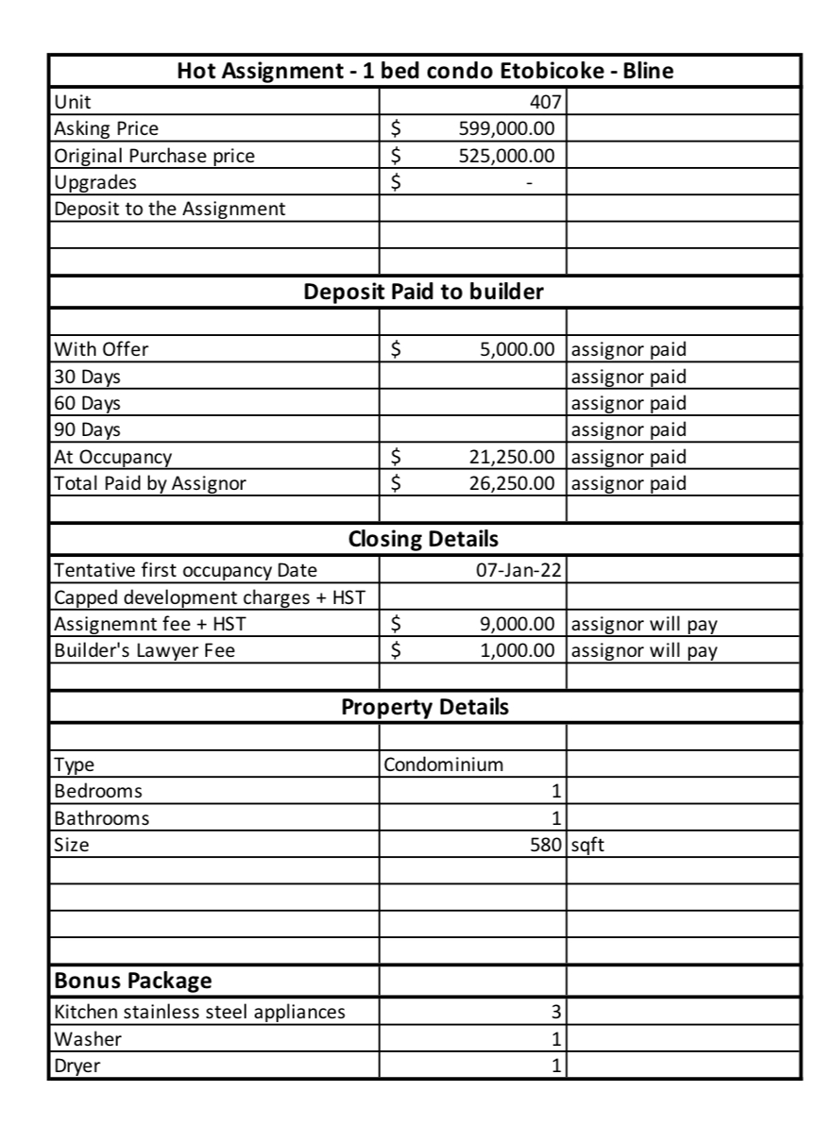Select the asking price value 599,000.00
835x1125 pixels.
pos(506,128)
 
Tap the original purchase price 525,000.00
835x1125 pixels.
pos(506,156)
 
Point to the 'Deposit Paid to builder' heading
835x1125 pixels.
pos(423,292)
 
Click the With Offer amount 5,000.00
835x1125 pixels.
pos(516,349)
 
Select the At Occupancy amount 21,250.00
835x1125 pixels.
pos(511,458)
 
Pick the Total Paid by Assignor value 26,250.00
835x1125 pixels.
pos(511,485)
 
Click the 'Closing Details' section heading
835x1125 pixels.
pos(423,540)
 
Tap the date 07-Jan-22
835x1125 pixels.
pos(522,570)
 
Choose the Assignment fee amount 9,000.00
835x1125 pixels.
pos(516,624)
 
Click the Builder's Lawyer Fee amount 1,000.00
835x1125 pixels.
pos(516,651)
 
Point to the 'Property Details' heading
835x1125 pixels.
pos(424,707)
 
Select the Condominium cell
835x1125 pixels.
pos(443,764)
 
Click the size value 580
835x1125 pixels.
pos(546,846)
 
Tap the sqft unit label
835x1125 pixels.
pos(588,846)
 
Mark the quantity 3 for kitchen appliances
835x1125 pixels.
pos(556,1013)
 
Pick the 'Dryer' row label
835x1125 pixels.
pos(77,1066)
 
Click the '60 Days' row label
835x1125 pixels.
pos(88,404)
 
